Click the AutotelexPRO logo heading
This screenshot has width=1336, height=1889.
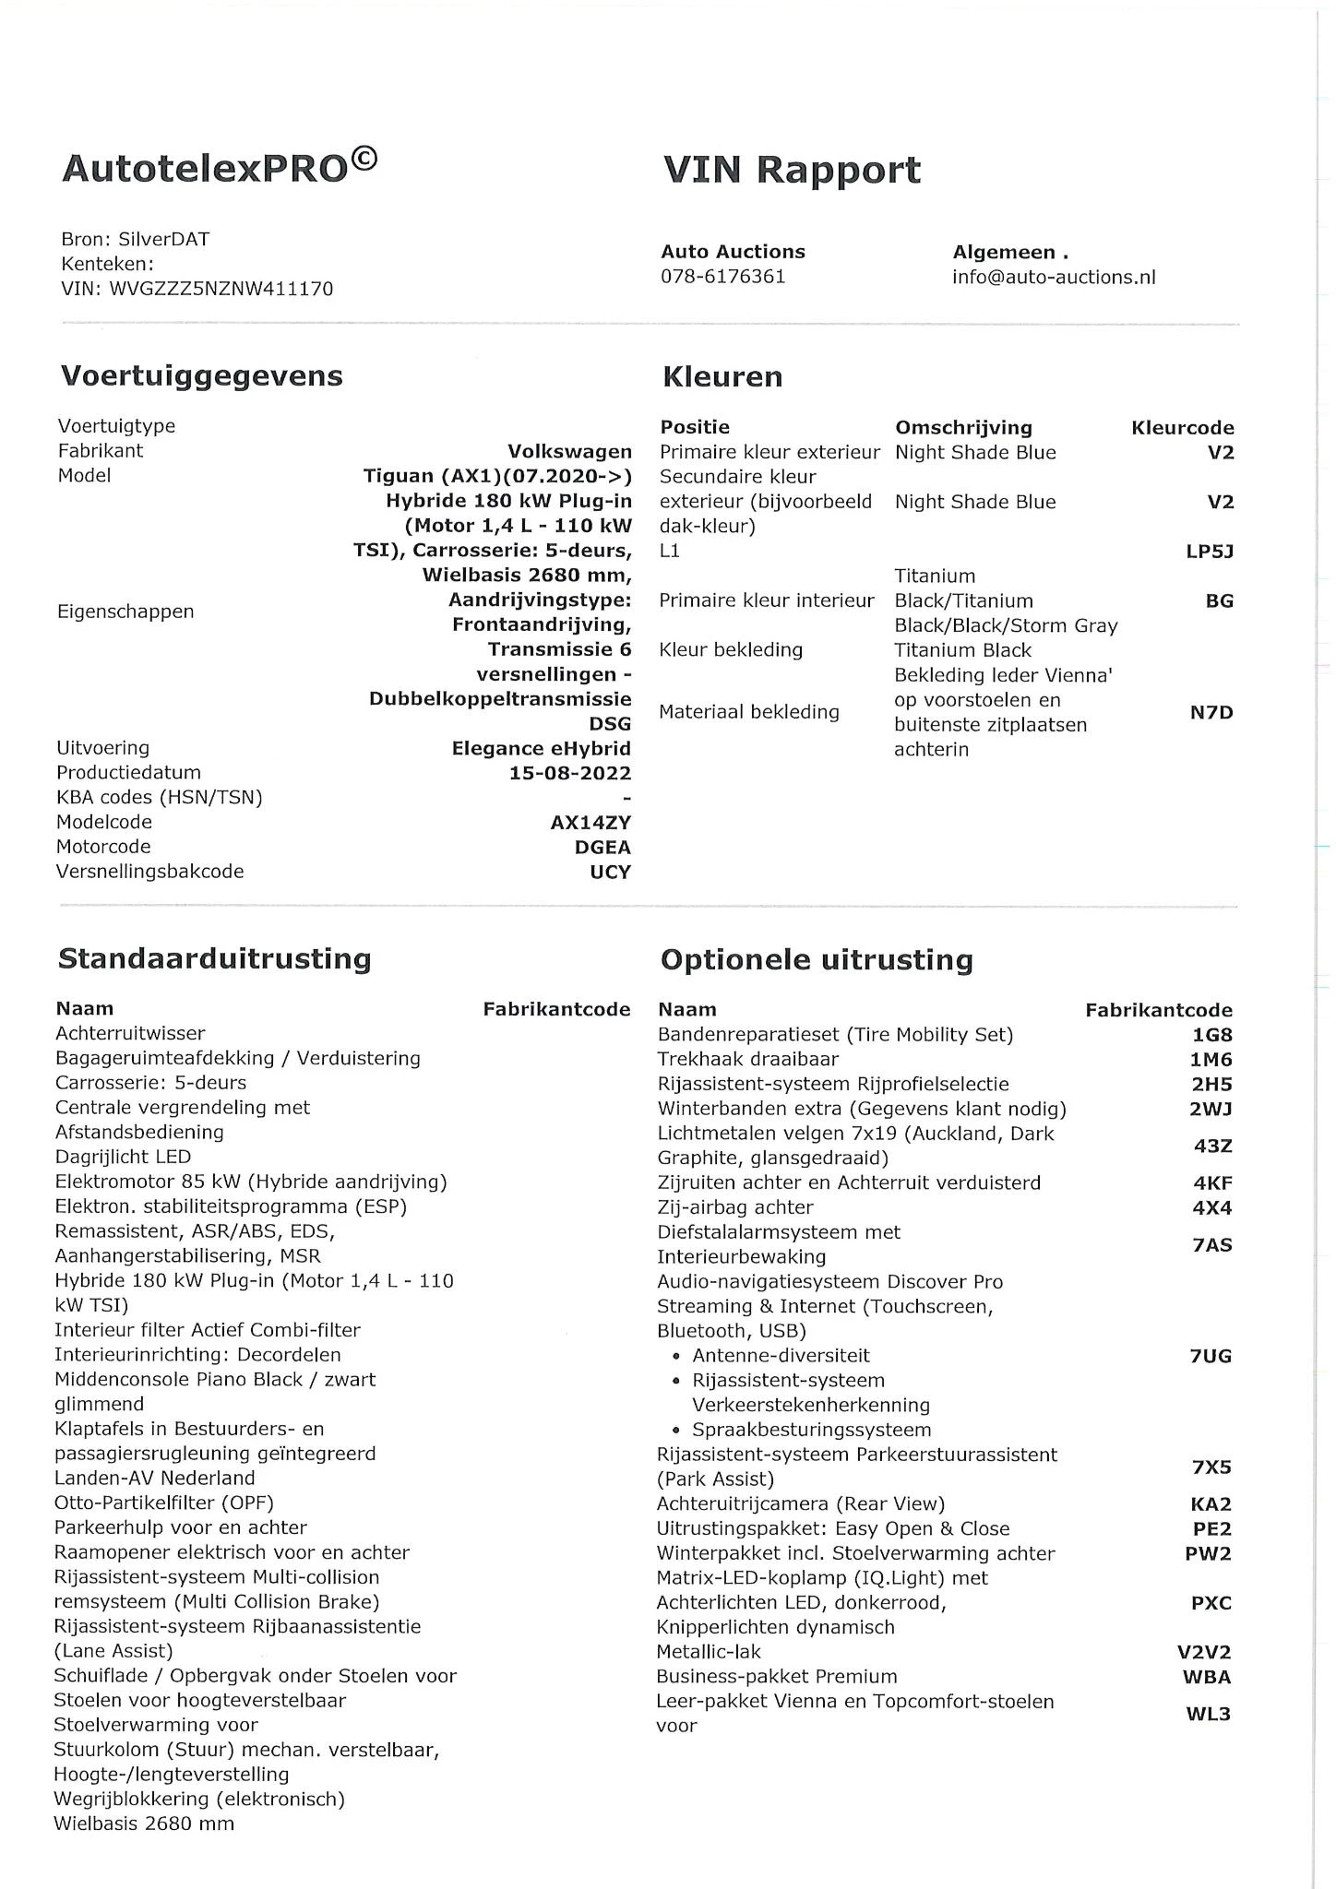(220, 168)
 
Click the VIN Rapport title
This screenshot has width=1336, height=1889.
(792, 171)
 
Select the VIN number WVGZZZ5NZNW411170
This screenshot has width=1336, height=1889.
(221, 289)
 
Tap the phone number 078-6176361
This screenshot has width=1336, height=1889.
(722, 277)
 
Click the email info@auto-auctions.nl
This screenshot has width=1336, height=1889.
(1054, 278)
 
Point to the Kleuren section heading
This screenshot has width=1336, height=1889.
(722, 377)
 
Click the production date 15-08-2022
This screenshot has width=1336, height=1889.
(570, 773)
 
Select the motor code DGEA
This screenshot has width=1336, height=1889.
(602, 847)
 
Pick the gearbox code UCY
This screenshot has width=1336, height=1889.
(610, 872)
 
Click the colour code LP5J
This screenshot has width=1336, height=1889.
(1209, 552)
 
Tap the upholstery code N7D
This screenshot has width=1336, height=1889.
(1211, 712)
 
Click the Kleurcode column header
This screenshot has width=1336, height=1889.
(1182, 428)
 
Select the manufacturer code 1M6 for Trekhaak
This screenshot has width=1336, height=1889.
(1211, 1060)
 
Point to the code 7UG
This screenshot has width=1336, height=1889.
(1211, 1356)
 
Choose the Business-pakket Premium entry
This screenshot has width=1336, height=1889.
(776, 1676)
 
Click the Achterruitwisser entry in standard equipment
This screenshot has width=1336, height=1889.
(130, 1033)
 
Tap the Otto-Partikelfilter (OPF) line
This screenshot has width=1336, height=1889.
(164, 1503)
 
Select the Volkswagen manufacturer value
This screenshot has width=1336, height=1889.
(569, 452)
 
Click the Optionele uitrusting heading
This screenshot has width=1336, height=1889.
(817, 960)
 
